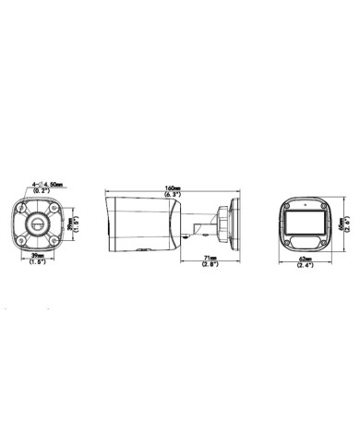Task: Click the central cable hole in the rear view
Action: coord(37,223)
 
